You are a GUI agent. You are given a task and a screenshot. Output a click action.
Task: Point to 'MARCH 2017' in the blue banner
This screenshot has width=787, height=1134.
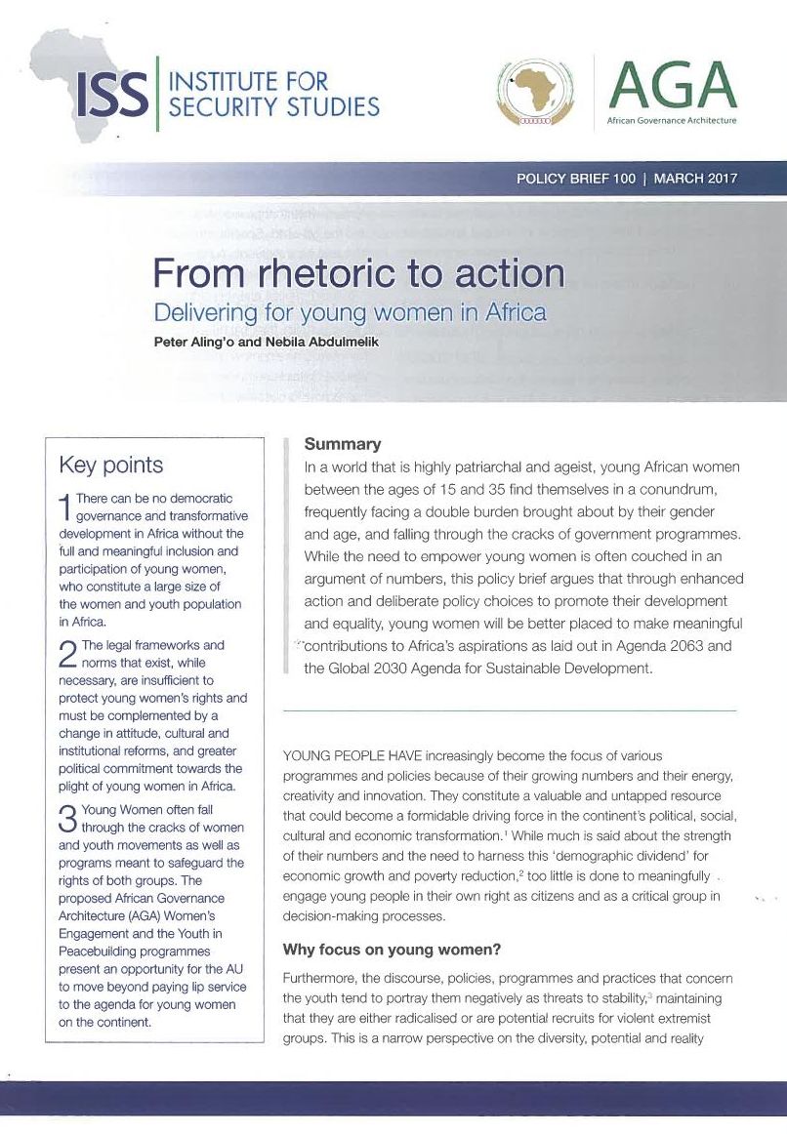695,180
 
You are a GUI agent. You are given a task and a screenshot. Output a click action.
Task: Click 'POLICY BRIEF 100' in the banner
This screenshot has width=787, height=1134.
576,180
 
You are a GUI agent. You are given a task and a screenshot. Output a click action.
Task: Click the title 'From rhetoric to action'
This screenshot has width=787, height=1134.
358,273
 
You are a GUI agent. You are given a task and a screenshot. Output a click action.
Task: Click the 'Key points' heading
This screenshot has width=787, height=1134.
111,465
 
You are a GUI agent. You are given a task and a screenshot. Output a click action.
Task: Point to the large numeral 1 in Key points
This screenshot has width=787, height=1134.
65,506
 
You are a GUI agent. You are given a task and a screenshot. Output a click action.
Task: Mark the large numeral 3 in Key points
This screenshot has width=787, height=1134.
67,817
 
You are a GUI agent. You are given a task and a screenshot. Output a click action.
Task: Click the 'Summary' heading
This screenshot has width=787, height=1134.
343,444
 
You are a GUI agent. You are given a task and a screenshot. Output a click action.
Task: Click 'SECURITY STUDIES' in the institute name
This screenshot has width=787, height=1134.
274,106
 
